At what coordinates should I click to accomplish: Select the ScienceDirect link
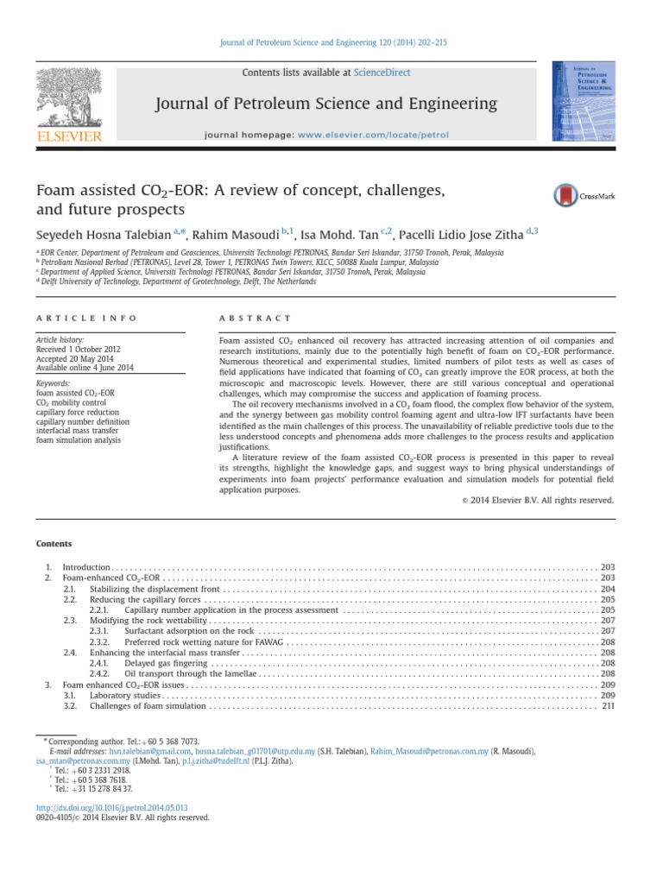[382, 73]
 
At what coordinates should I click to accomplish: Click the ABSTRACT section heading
[256, 319]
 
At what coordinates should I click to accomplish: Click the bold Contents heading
[54, 543]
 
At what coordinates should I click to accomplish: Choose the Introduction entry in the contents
[86, 565]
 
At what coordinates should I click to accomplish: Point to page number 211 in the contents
[607, 705]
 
